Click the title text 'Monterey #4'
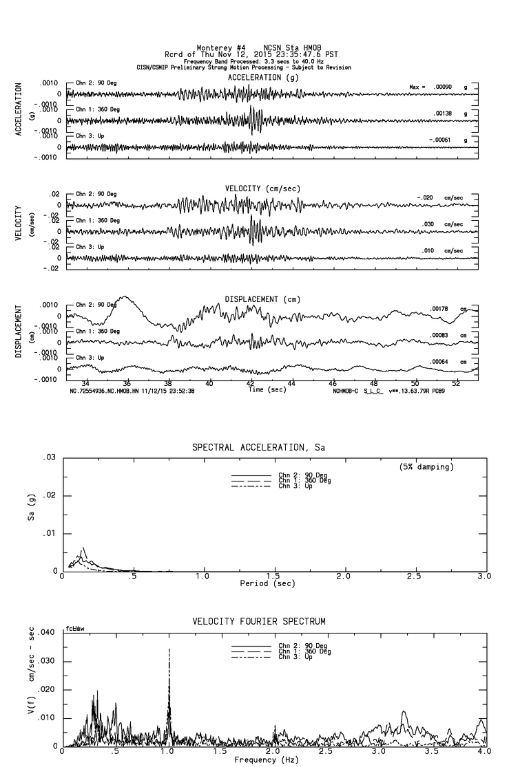pos(217,47)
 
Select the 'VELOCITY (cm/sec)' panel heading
pos(262,188)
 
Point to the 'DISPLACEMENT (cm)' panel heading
pos(262,299)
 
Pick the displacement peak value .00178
pos(439,309)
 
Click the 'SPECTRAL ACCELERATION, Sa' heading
pos(258,448)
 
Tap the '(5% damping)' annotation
pos(426,466)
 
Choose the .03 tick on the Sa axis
pos(50,458)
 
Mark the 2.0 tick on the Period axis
pos(344,576)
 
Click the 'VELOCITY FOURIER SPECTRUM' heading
pos(258,622)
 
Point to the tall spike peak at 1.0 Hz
pos(169,649)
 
